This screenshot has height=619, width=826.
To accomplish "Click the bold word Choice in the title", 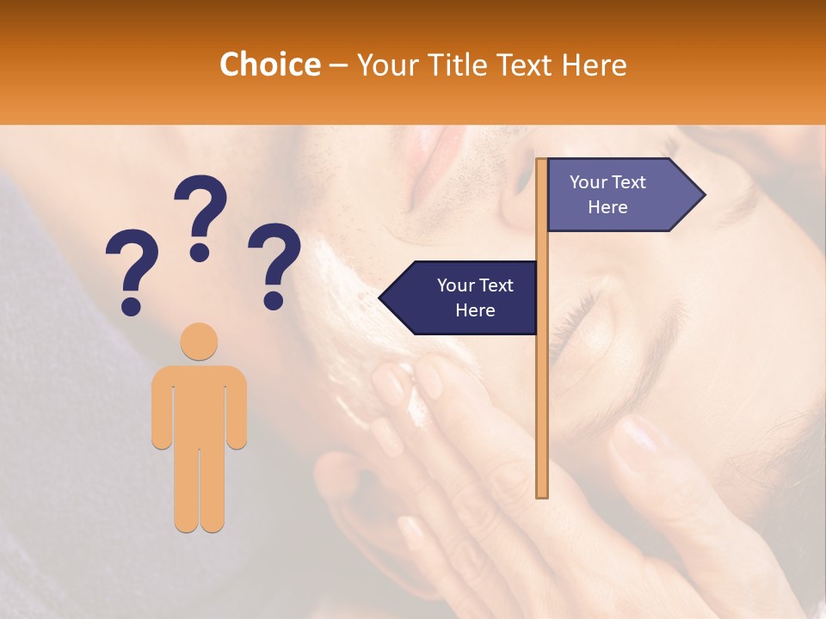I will [x=269, y=64].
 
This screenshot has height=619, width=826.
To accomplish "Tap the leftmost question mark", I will [x=132, y=272].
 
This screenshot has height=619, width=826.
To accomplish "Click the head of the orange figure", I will [x=199, y=341].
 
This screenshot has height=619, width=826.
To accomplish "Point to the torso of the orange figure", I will [x=199, y=404].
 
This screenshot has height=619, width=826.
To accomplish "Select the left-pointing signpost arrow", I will [x=460, y=297].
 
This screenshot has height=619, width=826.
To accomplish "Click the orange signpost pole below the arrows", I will [x=542, y=413].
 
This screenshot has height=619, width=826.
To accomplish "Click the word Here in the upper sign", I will [x=607, y=207].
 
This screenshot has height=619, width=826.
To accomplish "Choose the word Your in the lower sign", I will [x=456, y=285].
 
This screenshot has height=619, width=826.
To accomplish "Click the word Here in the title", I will [x=594, y=64].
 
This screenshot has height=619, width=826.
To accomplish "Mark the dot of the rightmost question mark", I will [x=274, y=301].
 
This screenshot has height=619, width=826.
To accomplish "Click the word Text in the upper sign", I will [x=630, y=182].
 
